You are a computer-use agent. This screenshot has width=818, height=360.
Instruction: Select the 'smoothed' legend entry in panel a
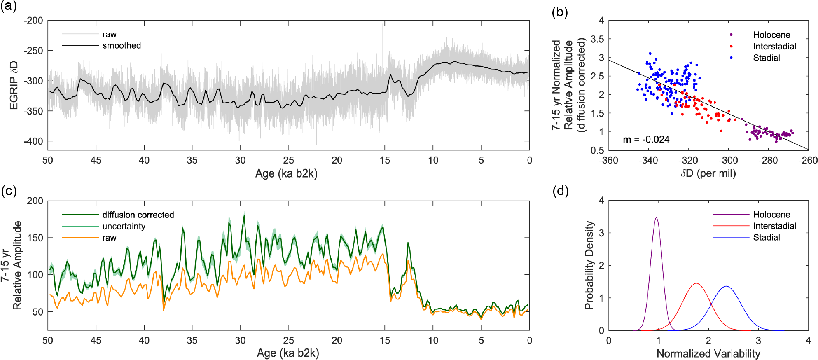(x=122, y=45)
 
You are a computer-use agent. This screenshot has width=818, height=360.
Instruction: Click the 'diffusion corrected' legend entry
(x=138, y=215)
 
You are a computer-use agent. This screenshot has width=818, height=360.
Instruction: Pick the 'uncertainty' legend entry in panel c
(x=124, y=226)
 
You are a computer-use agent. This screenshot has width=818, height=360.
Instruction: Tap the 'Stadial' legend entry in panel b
(x=766, y=58)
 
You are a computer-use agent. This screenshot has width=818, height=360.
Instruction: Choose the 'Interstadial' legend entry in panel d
(x=774, y=226)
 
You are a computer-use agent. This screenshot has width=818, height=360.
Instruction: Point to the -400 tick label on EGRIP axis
(x=33, y=141)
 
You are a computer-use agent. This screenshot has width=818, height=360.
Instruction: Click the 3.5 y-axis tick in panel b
(x=597, y=39)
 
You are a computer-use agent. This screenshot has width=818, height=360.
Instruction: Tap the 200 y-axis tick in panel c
(x=35, y=201)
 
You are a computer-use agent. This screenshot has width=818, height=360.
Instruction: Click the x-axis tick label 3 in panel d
(x=758, y=341)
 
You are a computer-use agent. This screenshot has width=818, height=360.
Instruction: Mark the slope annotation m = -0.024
(x=646, y=140)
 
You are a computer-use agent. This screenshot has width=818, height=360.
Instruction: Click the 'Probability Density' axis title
(x=589, y=265)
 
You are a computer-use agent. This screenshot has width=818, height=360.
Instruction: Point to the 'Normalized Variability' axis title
(x=708, y=353)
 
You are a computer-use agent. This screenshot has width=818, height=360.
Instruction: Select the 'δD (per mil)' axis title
(x=708, y=173)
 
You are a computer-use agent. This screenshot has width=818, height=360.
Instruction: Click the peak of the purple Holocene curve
(x=656, y=218)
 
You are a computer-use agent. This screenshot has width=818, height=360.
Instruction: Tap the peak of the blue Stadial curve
(x=726, y=286)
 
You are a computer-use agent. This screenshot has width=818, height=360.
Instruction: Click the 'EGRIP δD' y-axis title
(x=14, y=85)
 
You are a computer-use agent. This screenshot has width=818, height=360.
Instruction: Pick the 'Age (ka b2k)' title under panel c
(x=288, y=353)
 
